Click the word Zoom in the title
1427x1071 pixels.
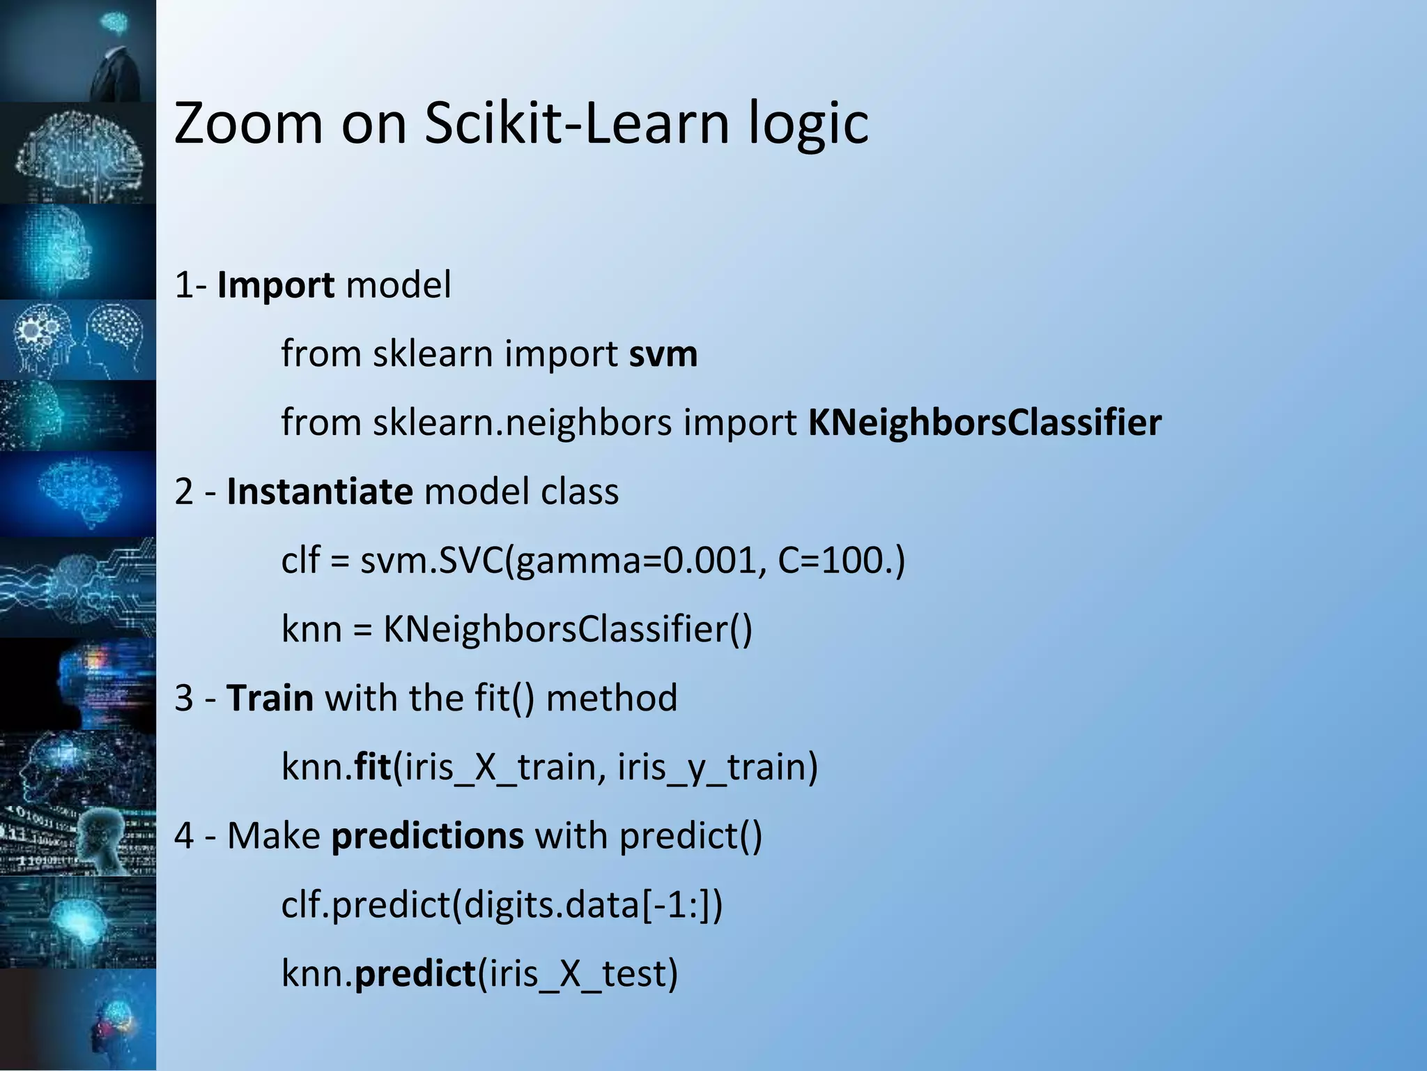pos(248,123)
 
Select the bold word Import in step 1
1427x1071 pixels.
pos(275,286)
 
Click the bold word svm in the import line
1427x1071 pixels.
pos(663,354)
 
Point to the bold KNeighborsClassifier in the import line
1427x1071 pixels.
pos(985,423)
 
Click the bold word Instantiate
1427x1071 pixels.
pos(320,491)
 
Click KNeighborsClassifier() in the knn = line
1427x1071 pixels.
pos(568,629)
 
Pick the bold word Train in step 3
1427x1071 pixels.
pos(270,697)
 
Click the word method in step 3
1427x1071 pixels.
pos(611,697)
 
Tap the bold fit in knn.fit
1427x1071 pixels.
pos(373,766)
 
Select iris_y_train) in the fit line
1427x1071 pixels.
pos(718,767)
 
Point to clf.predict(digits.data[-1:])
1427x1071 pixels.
pos(502,904)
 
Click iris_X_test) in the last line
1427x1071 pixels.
pos(578,973)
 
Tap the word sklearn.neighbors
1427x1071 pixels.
pos(522,423)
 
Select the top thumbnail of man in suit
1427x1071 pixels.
pos(78,50)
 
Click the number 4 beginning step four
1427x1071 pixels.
pos(183,835)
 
